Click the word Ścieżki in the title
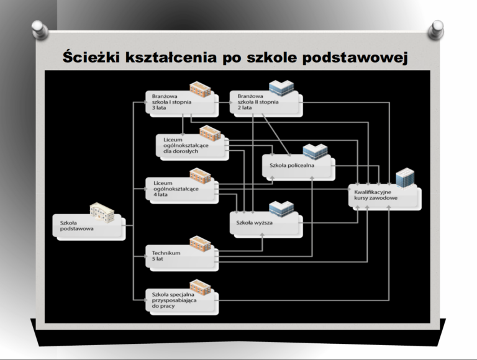coord(91,57)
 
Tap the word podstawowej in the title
coord(355,58)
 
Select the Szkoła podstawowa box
coord(89,227)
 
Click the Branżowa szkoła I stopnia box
coord(182,104)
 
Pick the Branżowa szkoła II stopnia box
coord(266,104)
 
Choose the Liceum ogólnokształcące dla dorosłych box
coord(193,147)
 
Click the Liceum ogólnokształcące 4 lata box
coord(182,191)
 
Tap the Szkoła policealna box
coord(299,168)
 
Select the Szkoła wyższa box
coord(266,225)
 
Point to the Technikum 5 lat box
coord(182,258)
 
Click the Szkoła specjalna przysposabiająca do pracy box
coord(182,302)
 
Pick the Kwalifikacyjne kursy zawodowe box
coord(385,197)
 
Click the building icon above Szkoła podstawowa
coord(102,212)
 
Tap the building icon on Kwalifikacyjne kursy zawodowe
coord(405,178)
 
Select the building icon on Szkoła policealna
coord(315,151)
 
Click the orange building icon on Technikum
coord(200,244)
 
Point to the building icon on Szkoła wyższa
coord(281,209)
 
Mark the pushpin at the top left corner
coord(40,30)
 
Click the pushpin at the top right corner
coord(436,30)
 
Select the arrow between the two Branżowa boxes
coord(223,102)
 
